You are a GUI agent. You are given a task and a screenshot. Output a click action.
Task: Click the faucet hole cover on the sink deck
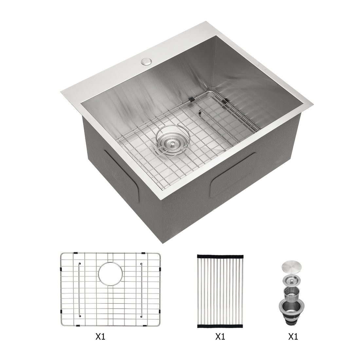tap(145, 61)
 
